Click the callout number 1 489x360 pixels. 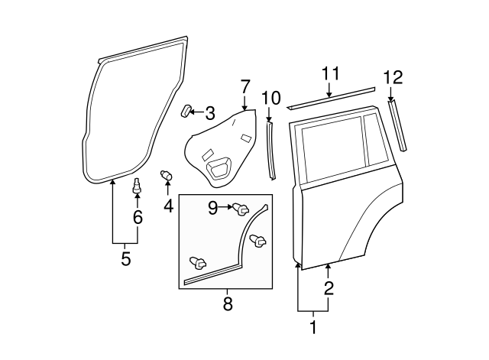coord(312,329)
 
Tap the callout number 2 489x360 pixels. coord(329,288)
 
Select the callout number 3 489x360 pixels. coord(210,112)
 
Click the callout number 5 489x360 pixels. coord(125,259)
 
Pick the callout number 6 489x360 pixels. coord(138,218)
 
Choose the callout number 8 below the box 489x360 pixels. coord(227,304)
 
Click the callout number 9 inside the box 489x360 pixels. coord(214,206)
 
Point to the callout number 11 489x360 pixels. coord(329,73)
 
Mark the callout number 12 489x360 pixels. coord(392,76)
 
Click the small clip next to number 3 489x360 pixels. coord(186,112)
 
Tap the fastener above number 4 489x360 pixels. coord(166,177)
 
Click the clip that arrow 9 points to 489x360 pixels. coord(241,207)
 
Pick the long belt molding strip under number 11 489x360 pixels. coord(331,98)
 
